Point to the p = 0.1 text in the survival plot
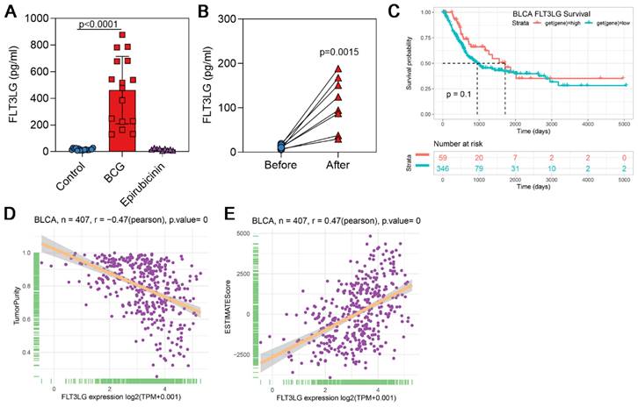coord(460,94)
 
